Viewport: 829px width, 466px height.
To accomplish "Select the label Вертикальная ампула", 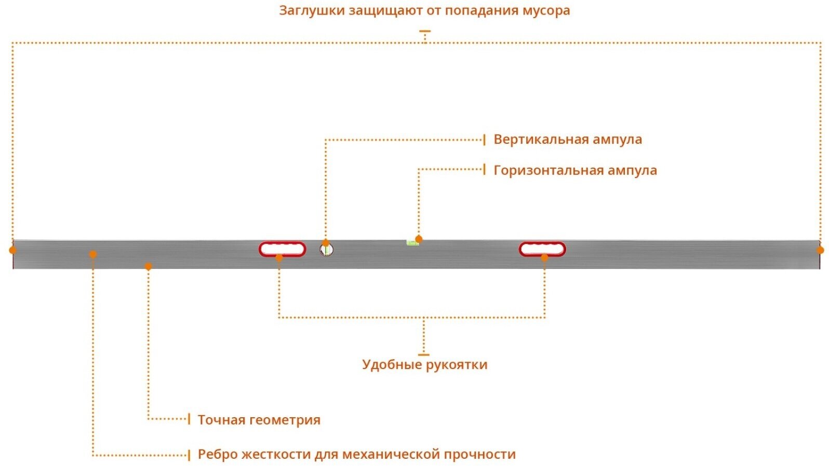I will (567, 140).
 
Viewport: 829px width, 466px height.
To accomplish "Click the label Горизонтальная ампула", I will (575, 170).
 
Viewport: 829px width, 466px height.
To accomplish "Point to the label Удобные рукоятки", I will (424, 364).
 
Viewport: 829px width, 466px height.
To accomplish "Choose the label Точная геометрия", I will (259, 420).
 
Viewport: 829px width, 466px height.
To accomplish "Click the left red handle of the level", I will (283, 249).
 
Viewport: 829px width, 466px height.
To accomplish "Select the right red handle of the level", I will (542, 249).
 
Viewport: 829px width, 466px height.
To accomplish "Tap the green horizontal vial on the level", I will (412, 242).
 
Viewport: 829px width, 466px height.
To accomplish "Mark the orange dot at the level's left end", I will (12, 250).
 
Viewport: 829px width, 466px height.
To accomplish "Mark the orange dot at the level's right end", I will (820, 250).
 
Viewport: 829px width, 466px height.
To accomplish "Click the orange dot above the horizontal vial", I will (419, 239).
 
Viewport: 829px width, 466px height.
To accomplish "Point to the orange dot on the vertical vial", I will (326, 243).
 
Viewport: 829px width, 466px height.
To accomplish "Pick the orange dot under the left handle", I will (279, 257).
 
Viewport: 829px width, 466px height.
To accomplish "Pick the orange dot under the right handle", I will (544, 257).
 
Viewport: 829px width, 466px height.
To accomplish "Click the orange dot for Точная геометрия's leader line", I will (148, 266).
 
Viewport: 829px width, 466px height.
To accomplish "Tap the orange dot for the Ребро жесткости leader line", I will (93, 254).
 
